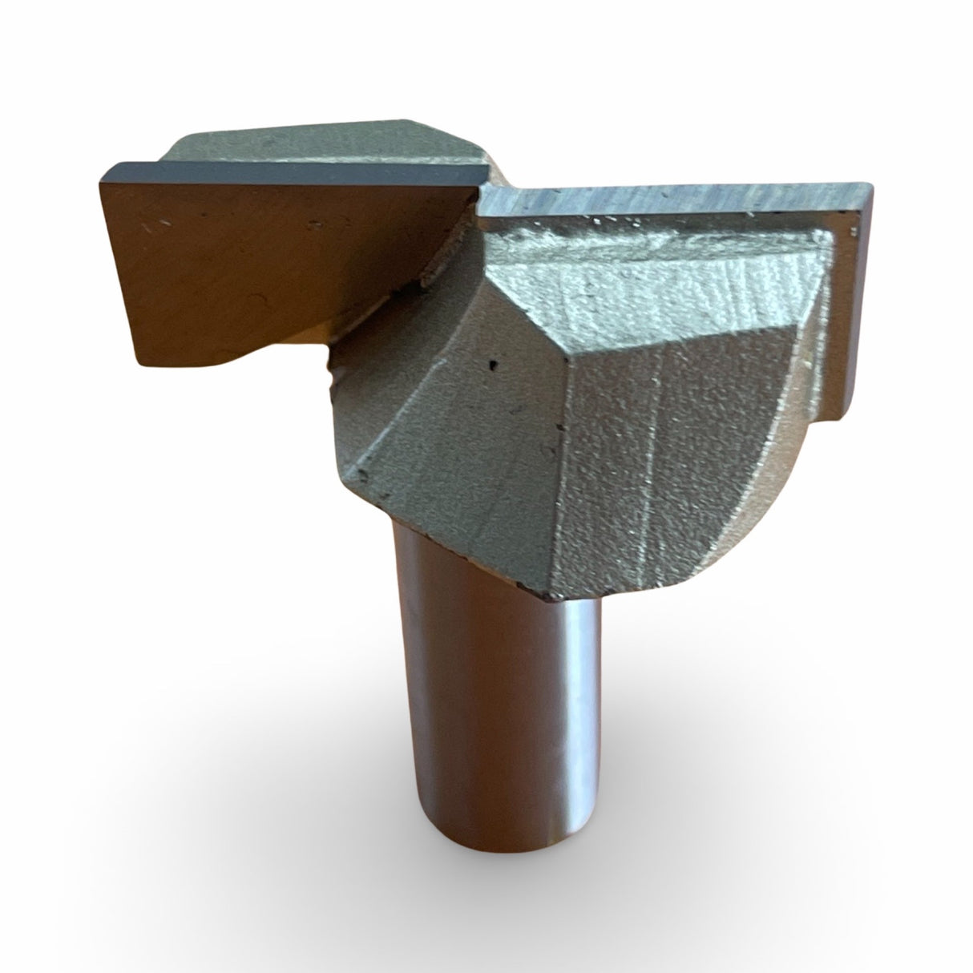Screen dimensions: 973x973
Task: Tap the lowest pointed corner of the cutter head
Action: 547,597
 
